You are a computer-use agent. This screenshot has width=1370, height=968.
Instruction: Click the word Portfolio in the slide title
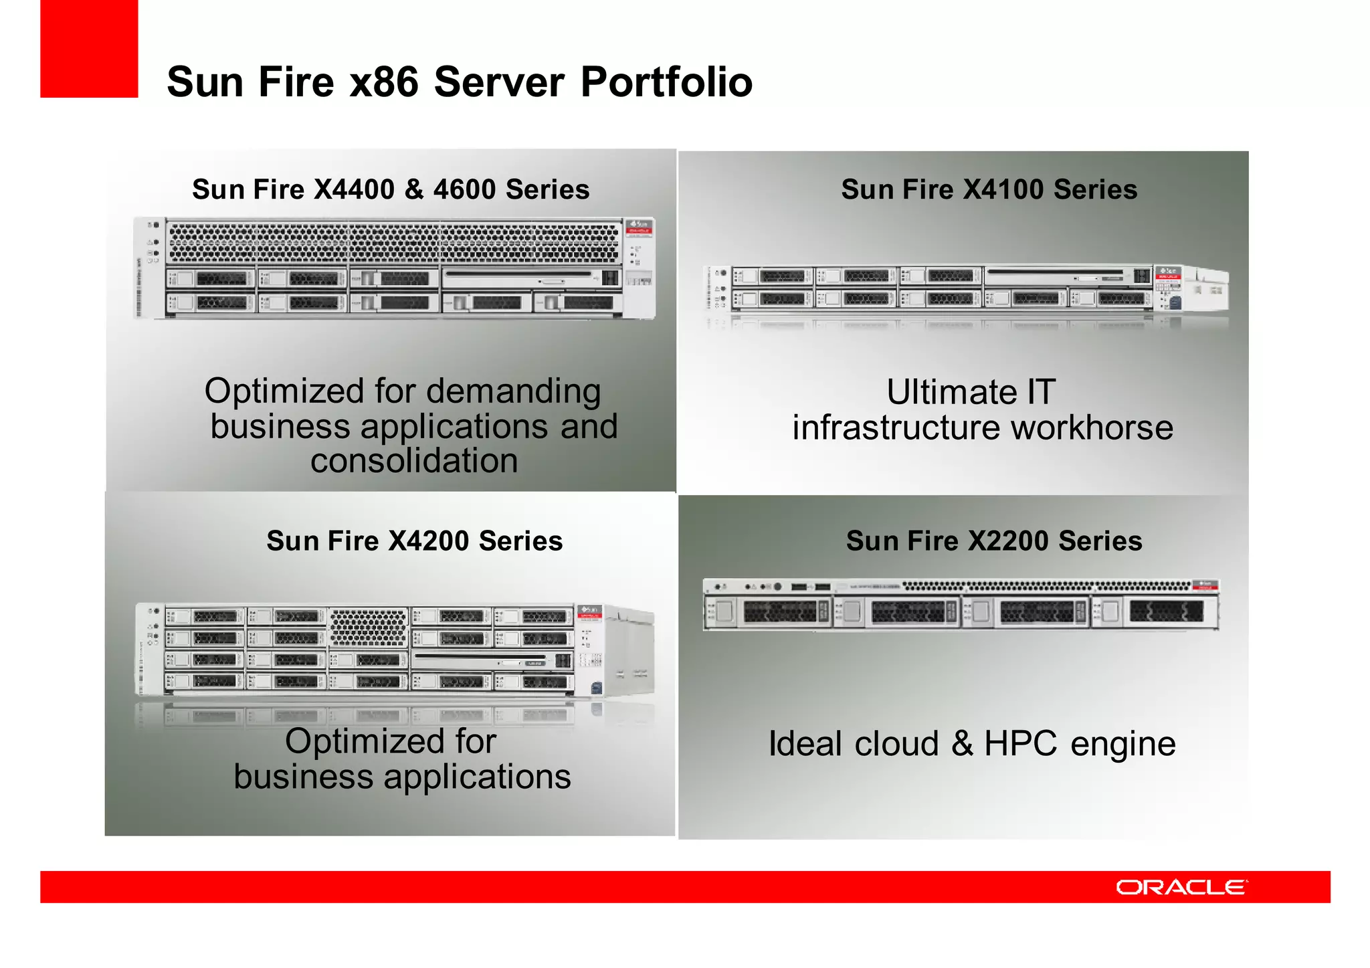pyautogui.click(x=666, y=82)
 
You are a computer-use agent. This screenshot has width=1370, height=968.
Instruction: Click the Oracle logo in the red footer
pyautogui.click(x=1181, y=887)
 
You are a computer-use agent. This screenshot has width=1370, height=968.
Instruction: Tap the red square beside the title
pyautogui.click(x=89, y=49)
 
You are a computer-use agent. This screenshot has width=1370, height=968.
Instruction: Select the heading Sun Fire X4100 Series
pyautogui.click(x=989, y=190)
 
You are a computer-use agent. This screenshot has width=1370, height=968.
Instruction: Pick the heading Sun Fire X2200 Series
pyautogui.click(x=994, y=541)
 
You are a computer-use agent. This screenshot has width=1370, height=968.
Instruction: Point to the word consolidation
pyautogui.click(x=414, y=461)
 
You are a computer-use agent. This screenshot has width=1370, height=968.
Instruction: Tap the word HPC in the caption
pyautogui.click(x=1021, y=744)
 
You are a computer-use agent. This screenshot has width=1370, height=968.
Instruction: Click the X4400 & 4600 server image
pyautogui.click(x=395, y=268)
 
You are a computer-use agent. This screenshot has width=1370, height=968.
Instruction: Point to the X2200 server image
pyautogui.click(x=961, y=605)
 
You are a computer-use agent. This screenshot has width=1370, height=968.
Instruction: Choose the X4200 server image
pyautogui.click(x=395, y=650)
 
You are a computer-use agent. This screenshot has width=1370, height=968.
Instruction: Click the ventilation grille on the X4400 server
pyautogui.click(x=395, y=243)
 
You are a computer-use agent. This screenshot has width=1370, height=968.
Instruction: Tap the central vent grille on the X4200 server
pyautogui.click(x=368, y=628)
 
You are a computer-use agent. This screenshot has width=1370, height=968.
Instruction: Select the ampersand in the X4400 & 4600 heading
pyautogui.click(x=414, y=190)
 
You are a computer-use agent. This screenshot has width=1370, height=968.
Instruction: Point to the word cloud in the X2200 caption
pyautogui.click(x=896, y=744)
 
